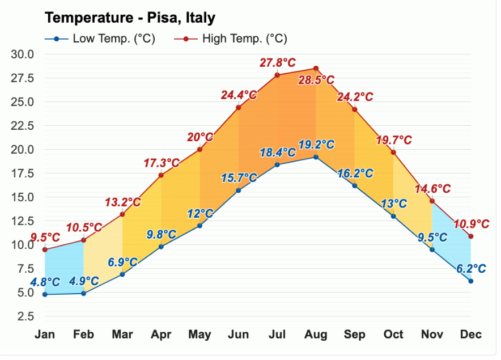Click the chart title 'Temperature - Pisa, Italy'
coord(130,18)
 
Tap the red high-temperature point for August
coord(316,68)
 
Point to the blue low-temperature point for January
coord(45,294)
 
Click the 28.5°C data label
coord(316,81)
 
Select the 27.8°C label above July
coord(278,62)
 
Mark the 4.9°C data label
coord(84,281)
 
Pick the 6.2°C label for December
coord(470,268)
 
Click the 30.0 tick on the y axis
coord(23,54)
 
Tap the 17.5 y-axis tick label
coord(23,173)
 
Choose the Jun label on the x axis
coord(239,334)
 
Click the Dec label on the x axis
coord(470,334)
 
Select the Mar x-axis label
coord(122,334)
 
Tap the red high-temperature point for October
coord(393,152)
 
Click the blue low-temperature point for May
coord(199,226)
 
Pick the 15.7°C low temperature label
coord(239,177)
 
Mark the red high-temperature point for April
coord(161,175)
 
